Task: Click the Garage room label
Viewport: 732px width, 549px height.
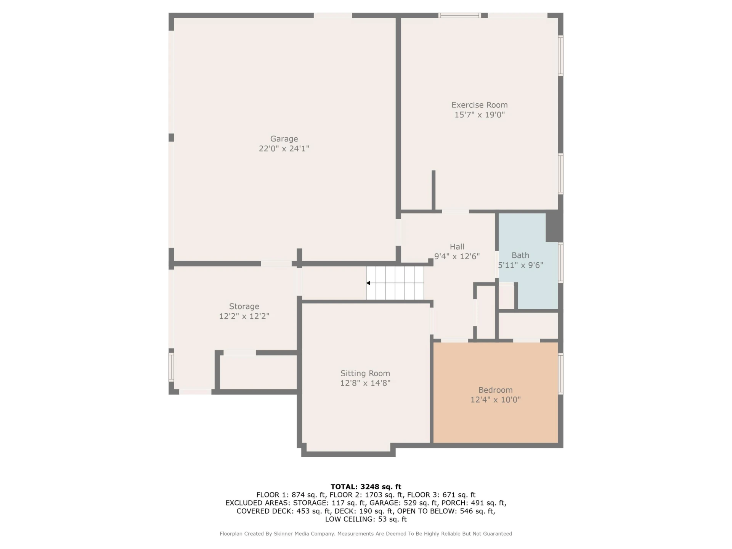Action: click(x=284, y=139)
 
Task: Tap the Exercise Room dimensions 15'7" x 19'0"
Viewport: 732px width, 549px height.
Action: click(x=480, y=115)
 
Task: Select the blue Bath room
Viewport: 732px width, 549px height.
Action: click(x=528, y=261)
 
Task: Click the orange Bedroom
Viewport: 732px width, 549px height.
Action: click(x=496, y=393)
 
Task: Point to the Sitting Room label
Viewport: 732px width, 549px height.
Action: click(x=365, y=373)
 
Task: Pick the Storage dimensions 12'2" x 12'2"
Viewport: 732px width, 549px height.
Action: click(x=244, y=316)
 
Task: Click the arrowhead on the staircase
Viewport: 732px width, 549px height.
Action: click(x=368, y=283)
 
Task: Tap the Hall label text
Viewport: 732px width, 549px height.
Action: click(x=457, y=247)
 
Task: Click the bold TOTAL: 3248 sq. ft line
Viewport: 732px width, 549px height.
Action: click(x=366, y=486)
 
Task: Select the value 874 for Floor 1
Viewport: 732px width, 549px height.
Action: click(x=298, y=495)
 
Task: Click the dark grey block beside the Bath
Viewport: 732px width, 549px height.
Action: click(x=554, y=226)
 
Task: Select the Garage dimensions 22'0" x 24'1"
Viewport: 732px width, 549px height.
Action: click(x=284, y=149)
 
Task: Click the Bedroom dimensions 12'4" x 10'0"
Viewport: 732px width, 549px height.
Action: click(x=496, y=400)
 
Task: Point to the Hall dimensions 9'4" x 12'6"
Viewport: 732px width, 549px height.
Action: click(x=457, y=257)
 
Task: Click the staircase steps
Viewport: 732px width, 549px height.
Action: click(x=395, y=283)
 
